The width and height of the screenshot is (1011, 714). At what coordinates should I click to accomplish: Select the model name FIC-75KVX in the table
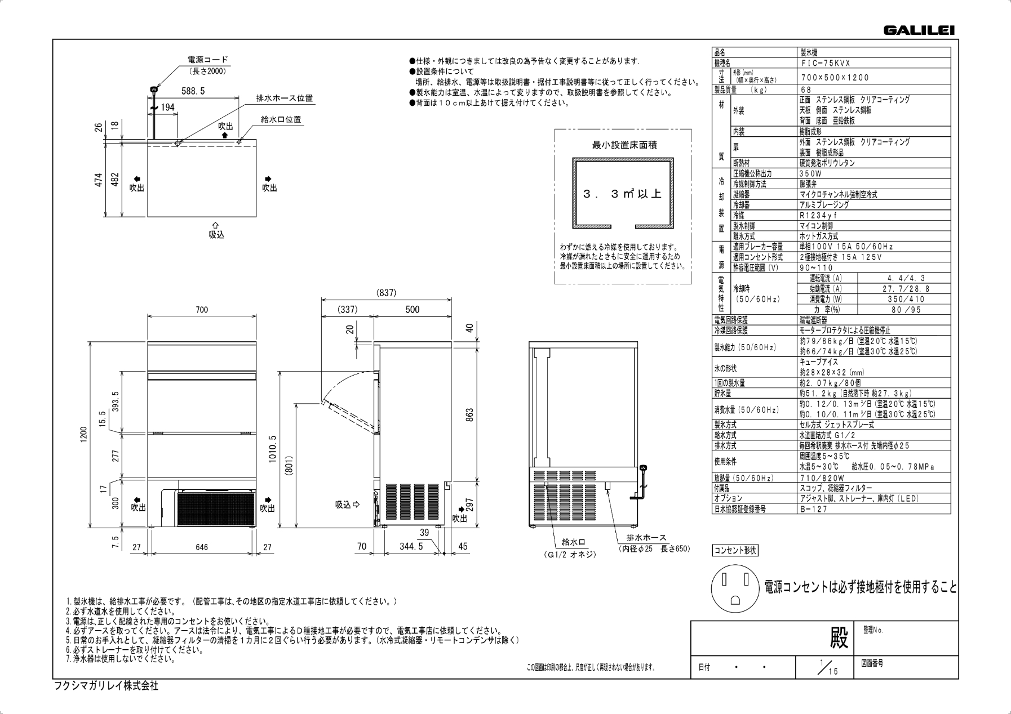click(826, 64)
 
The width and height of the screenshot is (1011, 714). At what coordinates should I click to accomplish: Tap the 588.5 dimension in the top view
click(193, 91)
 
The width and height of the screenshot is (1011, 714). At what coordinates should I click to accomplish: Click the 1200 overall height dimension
click(84, 434)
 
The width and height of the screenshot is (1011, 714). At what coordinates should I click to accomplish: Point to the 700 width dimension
click(202, 309)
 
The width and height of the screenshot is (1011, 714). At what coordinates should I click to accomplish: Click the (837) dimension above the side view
click(386, 293)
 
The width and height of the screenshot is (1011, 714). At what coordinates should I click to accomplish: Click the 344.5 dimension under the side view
click(411, 546)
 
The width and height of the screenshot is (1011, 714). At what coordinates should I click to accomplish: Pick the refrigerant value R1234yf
click(818, 216)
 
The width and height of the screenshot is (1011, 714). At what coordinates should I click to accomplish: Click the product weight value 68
click(806, 90)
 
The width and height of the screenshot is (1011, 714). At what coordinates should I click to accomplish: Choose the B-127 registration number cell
click(814, 509)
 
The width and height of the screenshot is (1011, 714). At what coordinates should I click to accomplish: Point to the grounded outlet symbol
click(735, 589)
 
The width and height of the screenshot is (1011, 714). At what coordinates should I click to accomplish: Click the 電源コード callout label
click(208, 60)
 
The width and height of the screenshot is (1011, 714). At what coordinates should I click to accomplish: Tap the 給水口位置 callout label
click(281, 119)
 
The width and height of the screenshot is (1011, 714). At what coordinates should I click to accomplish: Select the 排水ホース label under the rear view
click(646, 538)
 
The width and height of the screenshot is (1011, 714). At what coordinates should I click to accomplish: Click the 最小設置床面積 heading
click(624, 145)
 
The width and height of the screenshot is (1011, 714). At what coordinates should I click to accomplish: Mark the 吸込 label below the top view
click(216, 235)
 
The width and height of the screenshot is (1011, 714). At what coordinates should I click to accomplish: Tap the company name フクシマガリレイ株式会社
click(106, 686)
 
